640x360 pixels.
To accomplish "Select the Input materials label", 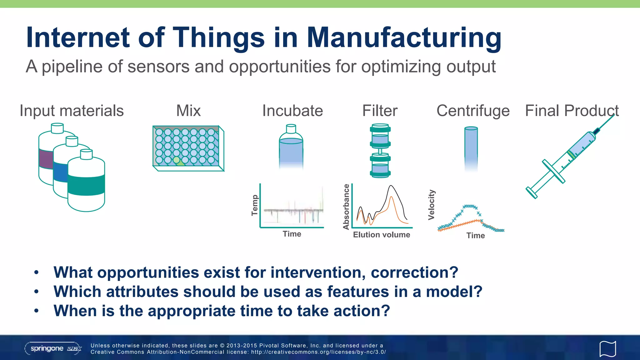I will tap(72, 111).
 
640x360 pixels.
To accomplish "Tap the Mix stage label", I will tap(188, 111).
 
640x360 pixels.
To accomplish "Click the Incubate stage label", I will tap(292, 111).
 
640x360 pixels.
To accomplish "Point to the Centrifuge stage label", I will tap(473, 111).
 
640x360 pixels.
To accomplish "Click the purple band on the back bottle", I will tap(45, 159).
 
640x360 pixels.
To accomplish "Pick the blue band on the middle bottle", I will tap(60, 172).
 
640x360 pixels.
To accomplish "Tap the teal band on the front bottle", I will tap(86, 185).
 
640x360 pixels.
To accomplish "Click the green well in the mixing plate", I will tap(177, 160).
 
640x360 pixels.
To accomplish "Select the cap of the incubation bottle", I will tap(291, 128).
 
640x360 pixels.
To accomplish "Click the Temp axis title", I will tap(255, 205).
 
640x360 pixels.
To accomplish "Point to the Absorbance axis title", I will tap(346, 207).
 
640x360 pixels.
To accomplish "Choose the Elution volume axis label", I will tap(381, 235).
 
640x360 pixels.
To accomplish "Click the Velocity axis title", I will tap(431, 205).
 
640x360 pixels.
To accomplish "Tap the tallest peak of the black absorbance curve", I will tap(391, 186).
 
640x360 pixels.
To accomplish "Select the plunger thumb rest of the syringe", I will tap(531, 192).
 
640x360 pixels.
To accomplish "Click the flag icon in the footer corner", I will tap(607, 349).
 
